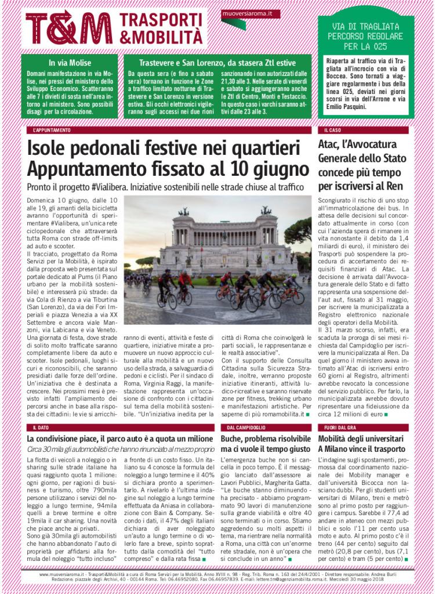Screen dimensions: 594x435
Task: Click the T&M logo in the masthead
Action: click(x=69, y=28)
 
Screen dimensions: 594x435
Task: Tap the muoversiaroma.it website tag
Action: click(x=243, y=13)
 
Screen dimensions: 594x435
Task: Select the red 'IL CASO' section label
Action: click(x=332, y=131)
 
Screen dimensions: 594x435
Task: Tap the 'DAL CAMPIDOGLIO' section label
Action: click(x=244, y=427)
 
